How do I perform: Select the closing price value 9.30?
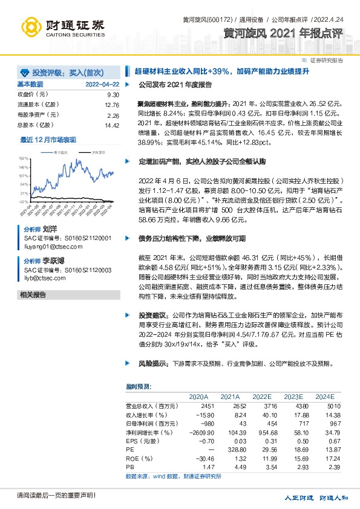pyautogui.click(x=113, y=96)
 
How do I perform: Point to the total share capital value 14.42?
pyautogui.click(x=112, y=125)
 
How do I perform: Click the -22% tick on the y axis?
pyautogui.click(x=24, y=202)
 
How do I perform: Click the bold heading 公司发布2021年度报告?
pyautogui.click(x=175, y=85)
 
